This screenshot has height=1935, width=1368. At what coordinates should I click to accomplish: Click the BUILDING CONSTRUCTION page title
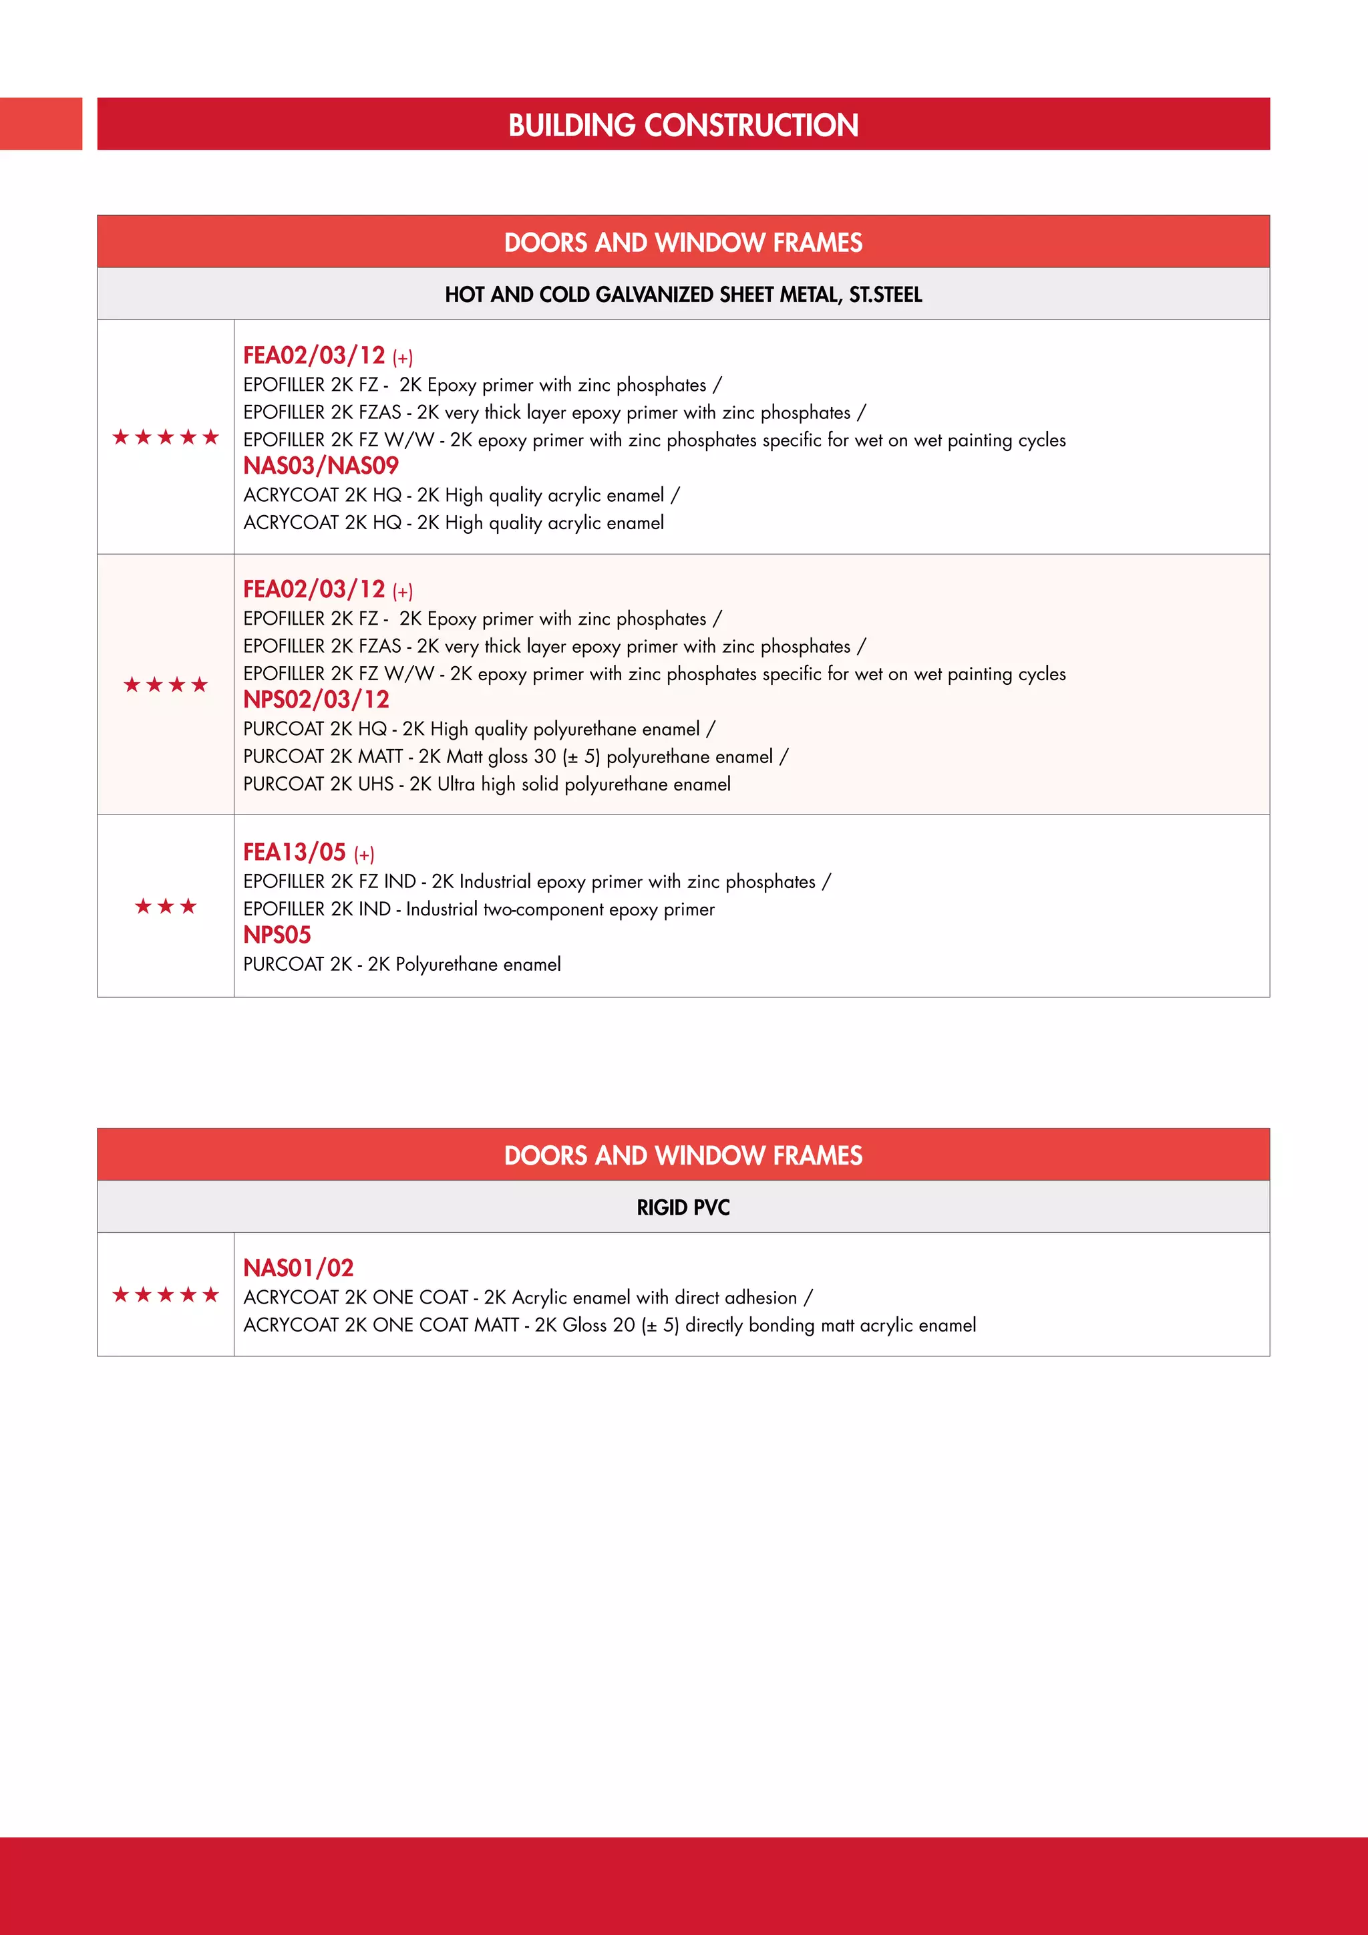683,125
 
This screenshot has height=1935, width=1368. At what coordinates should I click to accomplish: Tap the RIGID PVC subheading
683,1207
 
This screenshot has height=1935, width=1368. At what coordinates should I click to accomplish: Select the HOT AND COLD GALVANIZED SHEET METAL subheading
683,294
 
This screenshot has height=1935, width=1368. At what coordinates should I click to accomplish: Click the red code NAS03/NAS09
321,465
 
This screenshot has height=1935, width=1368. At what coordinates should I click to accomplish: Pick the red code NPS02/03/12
316,699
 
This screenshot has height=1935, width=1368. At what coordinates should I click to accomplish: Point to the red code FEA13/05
295,852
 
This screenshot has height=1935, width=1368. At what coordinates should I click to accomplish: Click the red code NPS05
277,935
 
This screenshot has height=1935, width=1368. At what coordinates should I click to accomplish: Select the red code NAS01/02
298,1268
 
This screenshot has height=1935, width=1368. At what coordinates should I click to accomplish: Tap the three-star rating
166,906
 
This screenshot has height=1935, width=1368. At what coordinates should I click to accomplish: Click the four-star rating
166,684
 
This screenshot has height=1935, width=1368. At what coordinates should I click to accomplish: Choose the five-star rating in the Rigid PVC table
166,1294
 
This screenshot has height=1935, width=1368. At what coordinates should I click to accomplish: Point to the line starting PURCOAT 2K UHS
487,784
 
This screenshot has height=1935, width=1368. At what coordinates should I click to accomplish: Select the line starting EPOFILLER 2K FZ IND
536,881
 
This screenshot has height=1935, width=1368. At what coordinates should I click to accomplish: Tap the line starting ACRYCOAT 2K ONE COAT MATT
609,1325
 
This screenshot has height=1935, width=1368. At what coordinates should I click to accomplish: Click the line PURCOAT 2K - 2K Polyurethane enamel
402,964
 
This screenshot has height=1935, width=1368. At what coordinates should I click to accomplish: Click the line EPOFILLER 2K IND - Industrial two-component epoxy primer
478,909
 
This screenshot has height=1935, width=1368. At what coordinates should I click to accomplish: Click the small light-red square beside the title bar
41,124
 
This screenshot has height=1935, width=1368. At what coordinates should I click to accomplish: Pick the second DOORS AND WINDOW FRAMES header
683,1155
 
